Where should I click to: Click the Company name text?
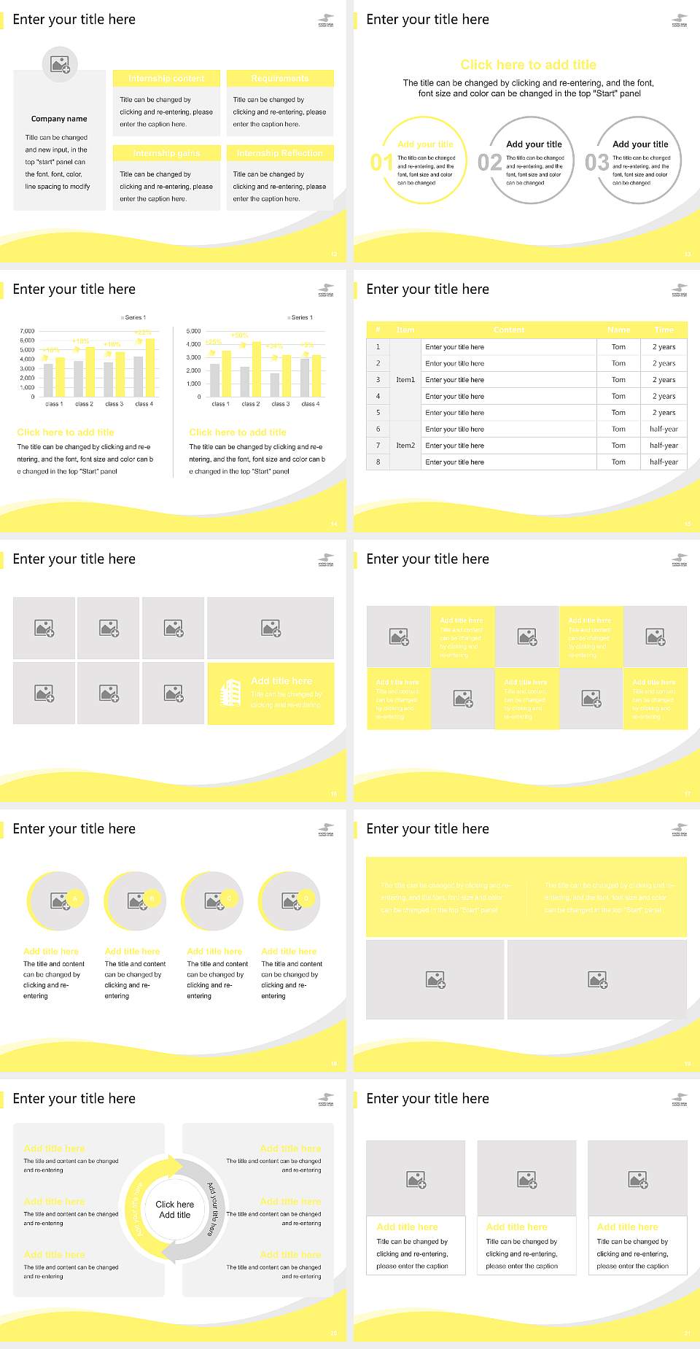[59, 119]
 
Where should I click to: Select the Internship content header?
[166, 78]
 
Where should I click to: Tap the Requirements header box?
[279, 78]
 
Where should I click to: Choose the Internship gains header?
[166, 153]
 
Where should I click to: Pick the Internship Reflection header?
[279, 153]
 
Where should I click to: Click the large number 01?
[381, 162]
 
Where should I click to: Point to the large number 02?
[489, 162]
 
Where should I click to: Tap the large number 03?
[596, 162]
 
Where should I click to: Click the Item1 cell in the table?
[405, 380]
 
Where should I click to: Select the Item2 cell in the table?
[405, 446]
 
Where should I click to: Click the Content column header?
[509, 330]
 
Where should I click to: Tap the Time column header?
[664, 330]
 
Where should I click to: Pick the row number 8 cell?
[378, 462]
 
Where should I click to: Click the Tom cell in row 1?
[618, 347]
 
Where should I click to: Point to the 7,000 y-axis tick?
[27, 331]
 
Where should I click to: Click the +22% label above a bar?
[143, 333]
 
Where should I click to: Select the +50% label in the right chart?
[239, 335]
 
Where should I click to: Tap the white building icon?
[230, 693]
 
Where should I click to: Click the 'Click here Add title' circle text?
[175, 1210]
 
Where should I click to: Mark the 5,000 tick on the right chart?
[193, 331]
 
